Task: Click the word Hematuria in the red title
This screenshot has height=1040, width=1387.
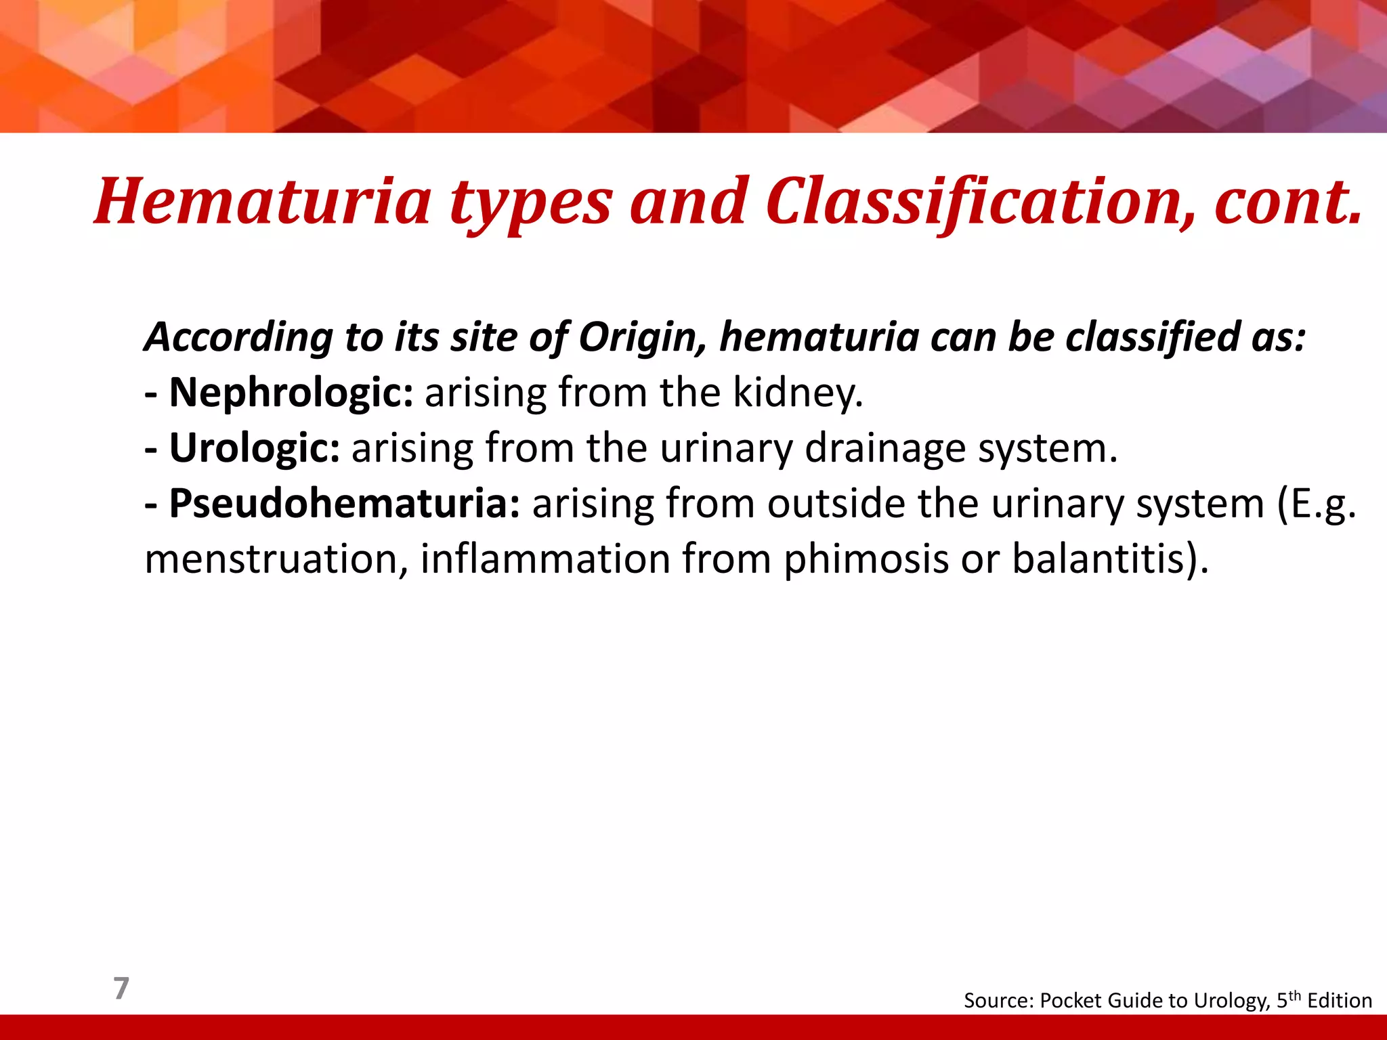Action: [x=263, y=202]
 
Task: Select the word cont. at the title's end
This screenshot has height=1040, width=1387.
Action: [x=1287, y=202]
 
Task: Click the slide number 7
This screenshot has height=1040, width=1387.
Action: [x=121, y=989]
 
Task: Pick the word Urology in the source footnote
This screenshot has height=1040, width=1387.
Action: [x=1231, y=1001]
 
